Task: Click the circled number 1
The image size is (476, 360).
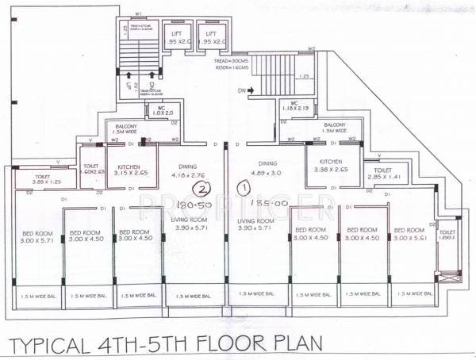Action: pos(244,188)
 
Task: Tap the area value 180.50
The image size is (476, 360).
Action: pos(202,205)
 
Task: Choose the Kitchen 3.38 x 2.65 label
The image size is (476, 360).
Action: pos(326,165)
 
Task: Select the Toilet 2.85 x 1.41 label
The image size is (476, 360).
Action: pos(383,174)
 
